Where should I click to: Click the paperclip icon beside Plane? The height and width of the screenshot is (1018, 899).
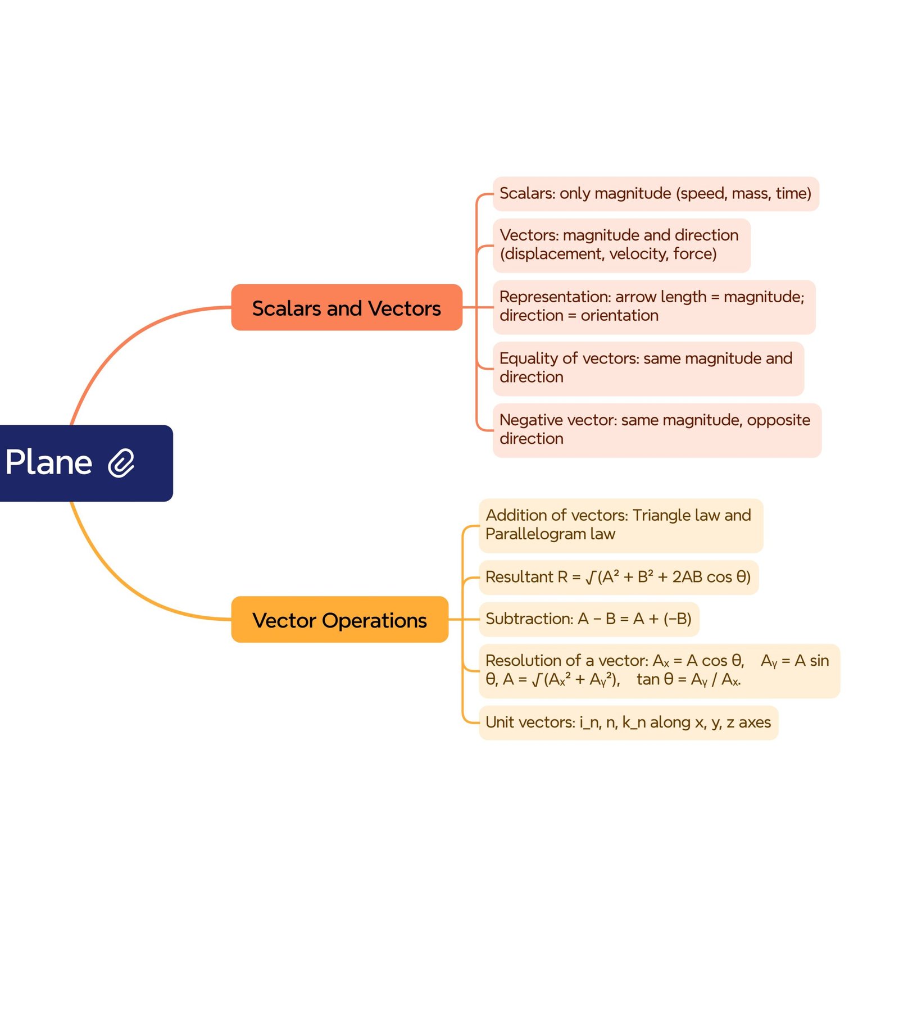point(121,463)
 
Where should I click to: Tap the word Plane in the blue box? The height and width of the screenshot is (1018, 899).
point(49,463)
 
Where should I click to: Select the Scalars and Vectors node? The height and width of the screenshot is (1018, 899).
point(346,307)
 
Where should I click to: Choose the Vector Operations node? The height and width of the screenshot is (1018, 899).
point(339,619)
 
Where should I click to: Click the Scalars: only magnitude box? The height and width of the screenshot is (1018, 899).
point(655,194)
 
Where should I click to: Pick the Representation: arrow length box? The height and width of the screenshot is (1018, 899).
point(653,307)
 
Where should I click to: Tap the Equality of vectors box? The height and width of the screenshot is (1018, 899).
point(648,368)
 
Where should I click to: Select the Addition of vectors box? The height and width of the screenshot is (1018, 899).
point(620,525)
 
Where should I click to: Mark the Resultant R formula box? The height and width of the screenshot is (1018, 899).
point(618,577)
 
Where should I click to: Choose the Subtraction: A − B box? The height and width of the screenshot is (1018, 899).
point(588,619)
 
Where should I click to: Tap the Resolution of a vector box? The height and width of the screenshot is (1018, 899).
point(659,670)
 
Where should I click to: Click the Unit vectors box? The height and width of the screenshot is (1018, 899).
point(628,722)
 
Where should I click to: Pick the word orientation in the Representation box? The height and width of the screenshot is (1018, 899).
point(619,316)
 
